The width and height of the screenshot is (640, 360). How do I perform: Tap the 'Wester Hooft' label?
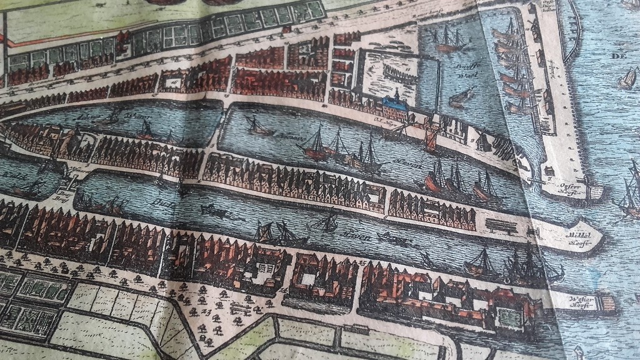[581, 300]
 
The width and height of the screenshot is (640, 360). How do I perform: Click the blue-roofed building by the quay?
[395, 106]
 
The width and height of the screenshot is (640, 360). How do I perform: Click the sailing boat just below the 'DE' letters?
[626, 78]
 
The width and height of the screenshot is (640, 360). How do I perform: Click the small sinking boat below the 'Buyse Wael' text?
[461, 97]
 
